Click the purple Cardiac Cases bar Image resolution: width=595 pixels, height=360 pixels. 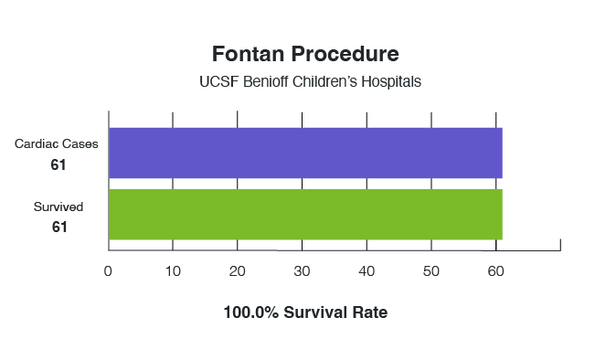pos(305,153)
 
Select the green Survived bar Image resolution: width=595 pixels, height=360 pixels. pos(305,214)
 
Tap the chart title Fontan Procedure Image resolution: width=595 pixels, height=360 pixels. pos(305,53)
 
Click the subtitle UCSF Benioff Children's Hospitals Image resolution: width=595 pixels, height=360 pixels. pos(310,81)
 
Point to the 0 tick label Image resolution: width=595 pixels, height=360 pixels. pos(108,270)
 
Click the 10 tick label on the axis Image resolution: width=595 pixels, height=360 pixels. pos(173,270)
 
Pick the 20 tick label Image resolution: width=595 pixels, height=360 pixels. pos(238,270)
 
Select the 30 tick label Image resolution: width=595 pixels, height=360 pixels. pos(302,270)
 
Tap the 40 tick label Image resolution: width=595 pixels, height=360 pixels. pos(367,270)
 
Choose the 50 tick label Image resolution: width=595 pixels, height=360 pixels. pos(431,270)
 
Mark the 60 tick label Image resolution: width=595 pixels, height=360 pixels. pos(496,270)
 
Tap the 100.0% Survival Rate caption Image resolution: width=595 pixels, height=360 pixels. pos(305,312)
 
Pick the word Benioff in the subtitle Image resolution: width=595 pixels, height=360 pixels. pos(265,81)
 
